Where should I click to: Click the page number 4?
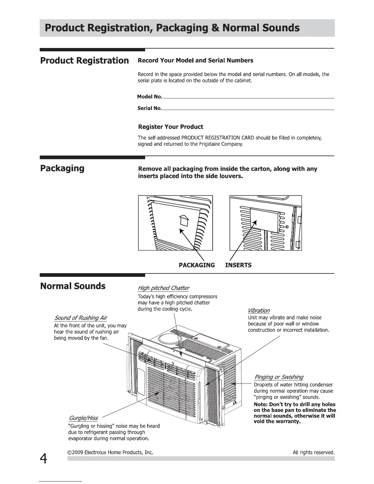(x=43, y=458)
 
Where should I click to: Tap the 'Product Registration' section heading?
(x=84, y=61)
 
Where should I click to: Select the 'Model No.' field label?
(x=150, y=97)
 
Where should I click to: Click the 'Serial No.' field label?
(x=149, y=108)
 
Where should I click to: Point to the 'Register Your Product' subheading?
(x=170, y=127)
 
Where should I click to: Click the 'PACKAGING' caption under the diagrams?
(x=196, y=265)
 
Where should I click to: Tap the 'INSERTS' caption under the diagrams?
(x=238, y=265)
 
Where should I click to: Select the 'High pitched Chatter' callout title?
(x=163, y=288)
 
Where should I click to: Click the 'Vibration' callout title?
(x=258, y=310)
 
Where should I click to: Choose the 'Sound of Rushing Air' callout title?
(x=81, y=318)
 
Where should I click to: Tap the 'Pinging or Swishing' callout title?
(x=279, y=377)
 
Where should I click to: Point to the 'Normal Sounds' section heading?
(x=73, y=286)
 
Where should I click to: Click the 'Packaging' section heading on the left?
(x=62, y=168)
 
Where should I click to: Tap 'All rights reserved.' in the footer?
(x=313, y=452)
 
